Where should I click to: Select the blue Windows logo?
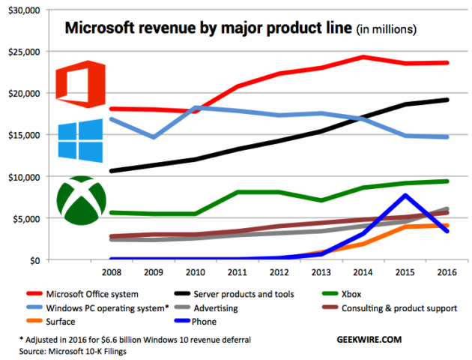coord(80,140)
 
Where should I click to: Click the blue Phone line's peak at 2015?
coord(405,195)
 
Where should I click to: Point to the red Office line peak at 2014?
coord(363,57)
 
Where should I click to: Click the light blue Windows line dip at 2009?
coord(154,137)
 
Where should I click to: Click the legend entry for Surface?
coord(67,322)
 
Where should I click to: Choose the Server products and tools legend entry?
coord(248,293)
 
